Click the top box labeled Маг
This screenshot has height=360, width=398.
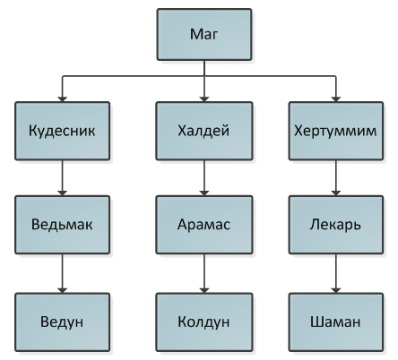204,34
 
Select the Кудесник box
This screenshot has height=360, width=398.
62,131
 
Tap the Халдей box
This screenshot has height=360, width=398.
204,131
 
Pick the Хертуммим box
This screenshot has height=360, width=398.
336,131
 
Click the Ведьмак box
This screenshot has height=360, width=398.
62,225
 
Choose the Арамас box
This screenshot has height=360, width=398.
204,225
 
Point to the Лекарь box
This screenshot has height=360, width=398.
336,225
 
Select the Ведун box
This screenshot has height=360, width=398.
62,322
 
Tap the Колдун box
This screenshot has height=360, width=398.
204,322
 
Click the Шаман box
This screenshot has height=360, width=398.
336,322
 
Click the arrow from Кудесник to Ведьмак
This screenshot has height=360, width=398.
62,178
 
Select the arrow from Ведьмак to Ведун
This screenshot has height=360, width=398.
62,273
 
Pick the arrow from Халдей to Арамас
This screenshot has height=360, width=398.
204,178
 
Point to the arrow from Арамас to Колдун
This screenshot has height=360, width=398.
204,273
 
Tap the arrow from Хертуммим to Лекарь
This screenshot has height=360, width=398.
336,178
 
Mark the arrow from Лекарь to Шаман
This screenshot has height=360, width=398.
336,273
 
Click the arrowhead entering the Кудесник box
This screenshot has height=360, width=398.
62,99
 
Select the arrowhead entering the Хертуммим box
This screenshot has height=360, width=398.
336,99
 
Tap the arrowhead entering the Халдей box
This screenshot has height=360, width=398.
204,99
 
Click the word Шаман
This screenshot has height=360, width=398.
335,322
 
